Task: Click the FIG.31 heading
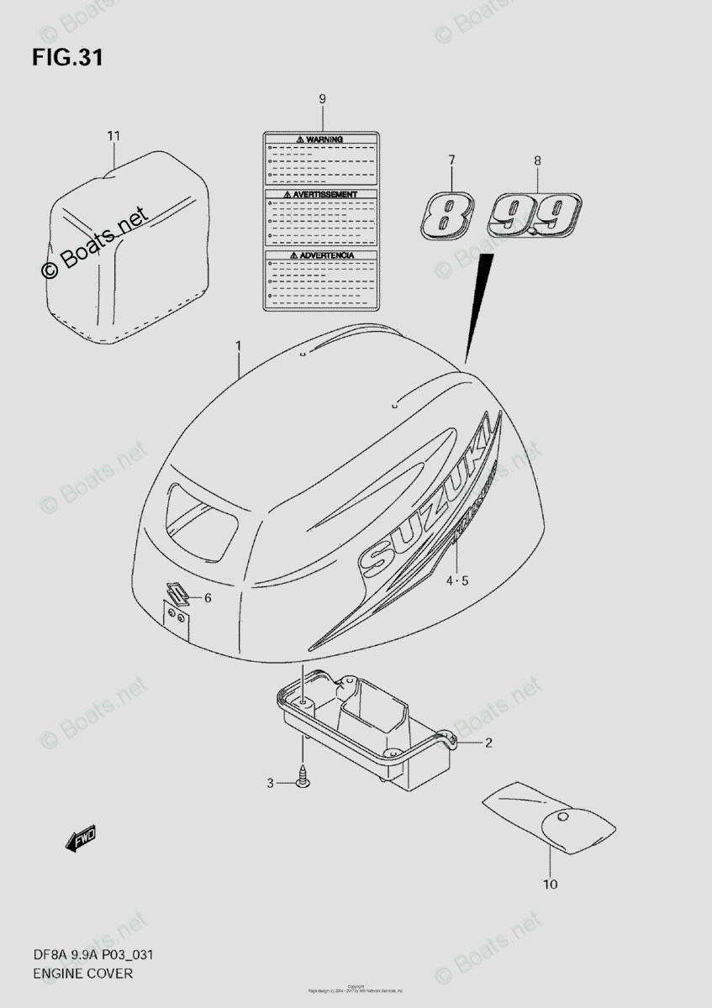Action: pos(68,58)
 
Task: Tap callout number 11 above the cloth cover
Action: pos(114,135)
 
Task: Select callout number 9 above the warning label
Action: pos(322,100)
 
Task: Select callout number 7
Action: pos(451,159)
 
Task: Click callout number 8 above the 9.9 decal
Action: pos(537,160)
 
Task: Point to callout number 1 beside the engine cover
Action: pos(239,345)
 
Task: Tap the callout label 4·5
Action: pos(456,580)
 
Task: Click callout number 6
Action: pos(208,597)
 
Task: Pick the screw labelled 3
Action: pos(303,779)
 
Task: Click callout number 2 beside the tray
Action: pos(488,743)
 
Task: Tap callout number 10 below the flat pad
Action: pos(550,883)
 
